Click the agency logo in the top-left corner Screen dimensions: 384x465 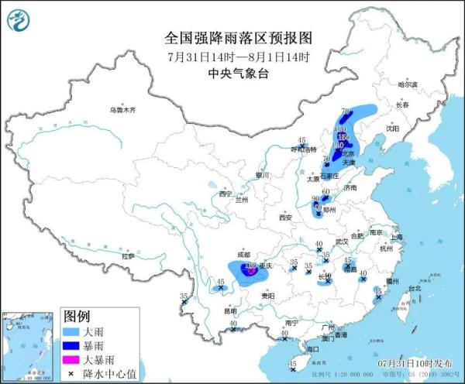click(x=24, y=24)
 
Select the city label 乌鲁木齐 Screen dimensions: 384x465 click(x=122, y=110)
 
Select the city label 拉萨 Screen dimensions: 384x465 click(x=129, y=255)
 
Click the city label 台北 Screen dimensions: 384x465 click(x=415, y=287)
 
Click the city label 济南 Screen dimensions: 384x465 click(x=350, y=187)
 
